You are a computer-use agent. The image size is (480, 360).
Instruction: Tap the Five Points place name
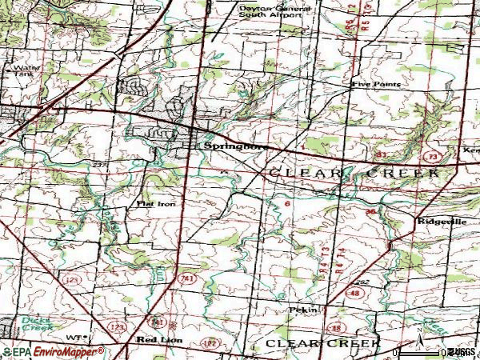tap(375, 83)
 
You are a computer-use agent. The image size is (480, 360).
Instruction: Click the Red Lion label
tap(159, 340)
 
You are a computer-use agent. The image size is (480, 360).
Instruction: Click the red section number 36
tap(370, 211)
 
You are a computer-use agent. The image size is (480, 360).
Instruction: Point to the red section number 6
tap(286, 204)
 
